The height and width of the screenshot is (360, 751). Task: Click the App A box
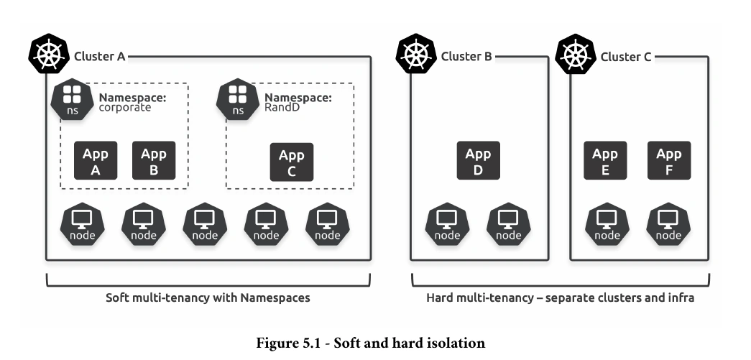coord(96,160)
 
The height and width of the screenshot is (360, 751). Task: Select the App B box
coord(154,160)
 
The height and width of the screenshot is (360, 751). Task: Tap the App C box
coord(292,162)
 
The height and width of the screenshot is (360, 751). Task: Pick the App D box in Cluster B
coord(479,160)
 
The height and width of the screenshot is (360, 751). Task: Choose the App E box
coord(605,160)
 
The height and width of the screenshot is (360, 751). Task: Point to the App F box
coord(669,160)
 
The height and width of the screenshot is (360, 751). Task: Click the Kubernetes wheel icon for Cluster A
coord(48,54)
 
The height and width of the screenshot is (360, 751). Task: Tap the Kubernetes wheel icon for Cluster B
coord(415,54)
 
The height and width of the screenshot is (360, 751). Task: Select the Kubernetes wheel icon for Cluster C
coord(575,54)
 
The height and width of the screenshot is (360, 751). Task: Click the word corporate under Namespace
coord(124,108)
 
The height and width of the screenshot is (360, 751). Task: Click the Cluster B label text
coord(466,57)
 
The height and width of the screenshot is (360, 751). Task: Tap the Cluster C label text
coord(625,57)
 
